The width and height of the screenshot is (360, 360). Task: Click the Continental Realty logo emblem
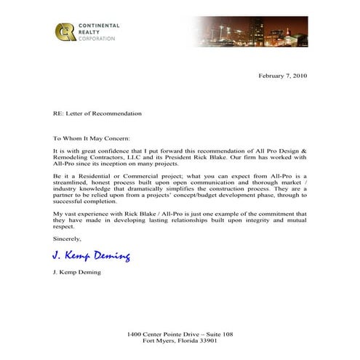(65, 32)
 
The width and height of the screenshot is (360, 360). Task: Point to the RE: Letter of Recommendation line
(97, 113)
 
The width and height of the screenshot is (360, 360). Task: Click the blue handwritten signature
(92, 255)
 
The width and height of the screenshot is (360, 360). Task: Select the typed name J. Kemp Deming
(76, 272)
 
